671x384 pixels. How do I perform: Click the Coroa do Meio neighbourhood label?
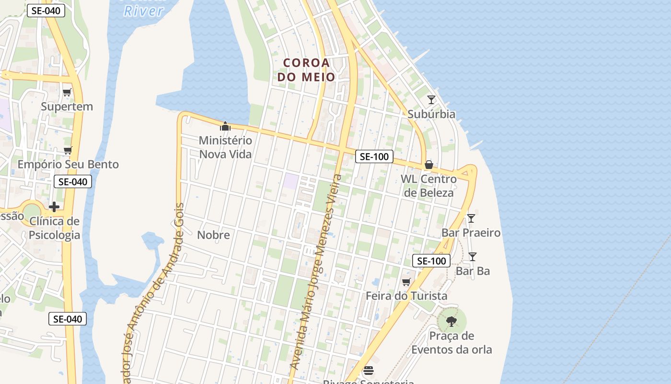(307, 70)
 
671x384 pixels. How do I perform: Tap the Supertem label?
(67, 107)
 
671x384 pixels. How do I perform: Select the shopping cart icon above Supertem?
(67, 92)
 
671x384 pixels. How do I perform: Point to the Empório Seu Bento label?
(68, 165)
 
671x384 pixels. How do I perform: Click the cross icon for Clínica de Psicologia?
(54, 207)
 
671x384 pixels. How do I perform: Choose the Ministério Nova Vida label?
(225, 147)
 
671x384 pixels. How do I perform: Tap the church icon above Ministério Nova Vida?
(225, 127)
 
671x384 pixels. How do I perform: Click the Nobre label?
(213, 235)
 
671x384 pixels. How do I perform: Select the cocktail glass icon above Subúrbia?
(431, 100)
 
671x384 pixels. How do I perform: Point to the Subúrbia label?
(431, 114)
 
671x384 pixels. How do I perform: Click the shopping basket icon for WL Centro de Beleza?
(428, 165)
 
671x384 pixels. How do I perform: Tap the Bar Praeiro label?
(471, 233)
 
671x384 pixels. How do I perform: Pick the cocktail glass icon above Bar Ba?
(473, 257)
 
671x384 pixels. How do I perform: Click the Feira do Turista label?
(406, 296)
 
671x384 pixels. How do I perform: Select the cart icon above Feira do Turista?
(406, 282)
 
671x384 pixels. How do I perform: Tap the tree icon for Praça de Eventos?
(451, 321)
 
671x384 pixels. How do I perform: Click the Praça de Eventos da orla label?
(451, 343)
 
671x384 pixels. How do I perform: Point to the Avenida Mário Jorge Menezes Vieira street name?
(316, 272)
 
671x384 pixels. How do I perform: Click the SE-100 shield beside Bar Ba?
(431, 261)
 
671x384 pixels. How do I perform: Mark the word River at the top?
(144, 11)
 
